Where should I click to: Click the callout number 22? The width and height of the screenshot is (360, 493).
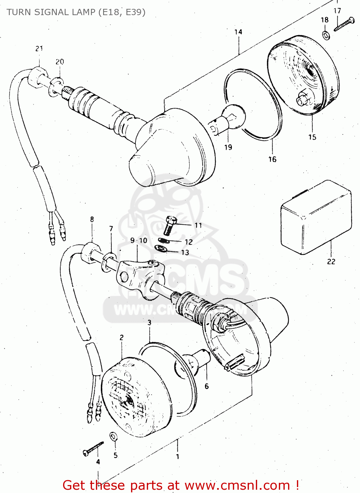(331, 262)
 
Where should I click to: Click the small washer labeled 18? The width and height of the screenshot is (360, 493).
(326, 35)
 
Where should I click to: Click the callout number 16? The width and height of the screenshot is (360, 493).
(272, 159)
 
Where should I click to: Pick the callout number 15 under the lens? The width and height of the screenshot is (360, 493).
(312, 137)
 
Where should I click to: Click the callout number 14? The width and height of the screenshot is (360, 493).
(238, 32)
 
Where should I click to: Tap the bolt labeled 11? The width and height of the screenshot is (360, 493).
(169, 225)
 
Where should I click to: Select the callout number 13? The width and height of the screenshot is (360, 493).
(185, 252)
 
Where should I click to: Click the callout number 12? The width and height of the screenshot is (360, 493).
(189, 242)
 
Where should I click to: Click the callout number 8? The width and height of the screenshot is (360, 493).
(92, 219)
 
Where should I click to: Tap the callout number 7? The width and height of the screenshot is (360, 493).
(111, 229)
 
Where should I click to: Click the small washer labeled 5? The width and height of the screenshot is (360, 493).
(113, 436)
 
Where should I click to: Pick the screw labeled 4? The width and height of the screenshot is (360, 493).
(93, 449)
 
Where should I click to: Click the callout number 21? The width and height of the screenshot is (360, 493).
(39, 49)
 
